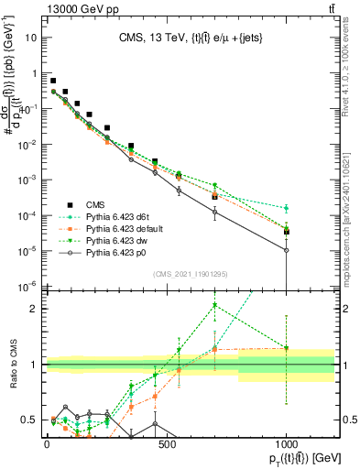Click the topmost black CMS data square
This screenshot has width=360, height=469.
[53, 81]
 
